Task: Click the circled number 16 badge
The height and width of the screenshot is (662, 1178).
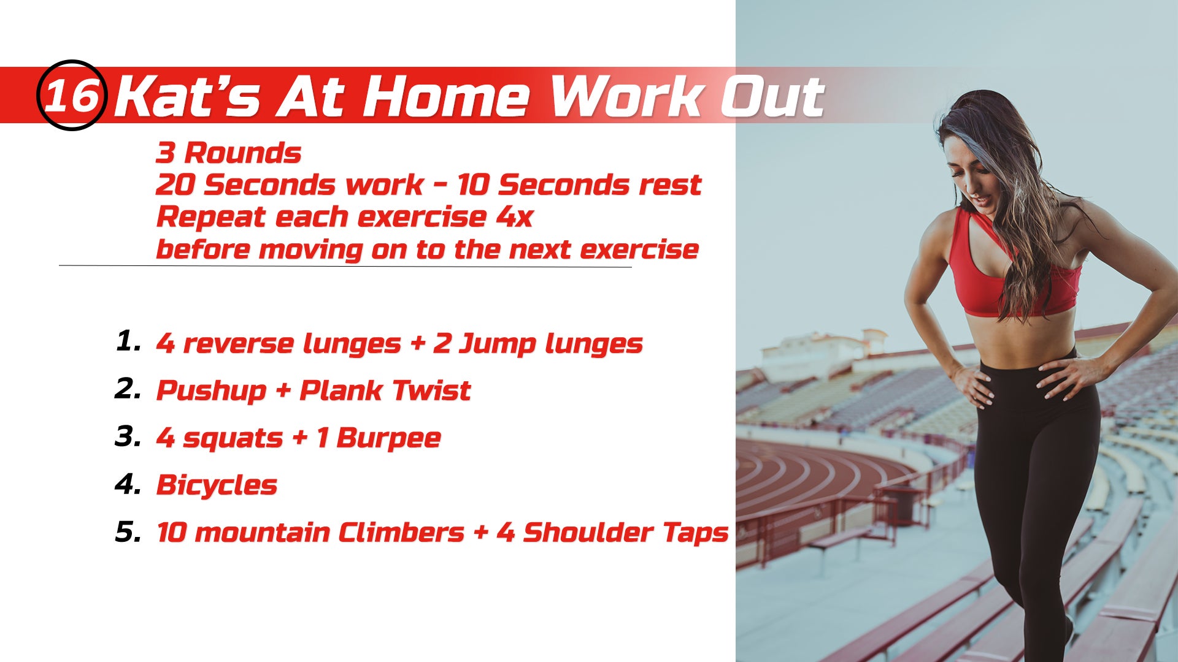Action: point(72,95)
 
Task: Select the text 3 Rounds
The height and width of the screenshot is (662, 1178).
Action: point(228,153)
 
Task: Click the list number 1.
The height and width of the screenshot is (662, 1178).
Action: point(128,341)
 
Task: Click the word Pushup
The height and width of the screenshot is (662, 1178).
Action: point(211,391)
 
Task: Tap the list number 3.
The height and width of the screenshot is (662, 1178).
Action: point(128,436)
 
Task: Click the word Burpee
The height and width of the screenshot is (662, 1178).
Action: point(388,438)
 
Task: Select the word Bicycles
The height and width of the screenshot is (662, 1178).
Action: point(217,485)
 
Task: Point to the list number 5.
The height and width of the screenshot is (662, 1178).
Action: point(128,531)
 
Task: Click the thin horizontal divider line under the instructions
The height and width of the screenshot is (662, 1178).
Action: point(345,266)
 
